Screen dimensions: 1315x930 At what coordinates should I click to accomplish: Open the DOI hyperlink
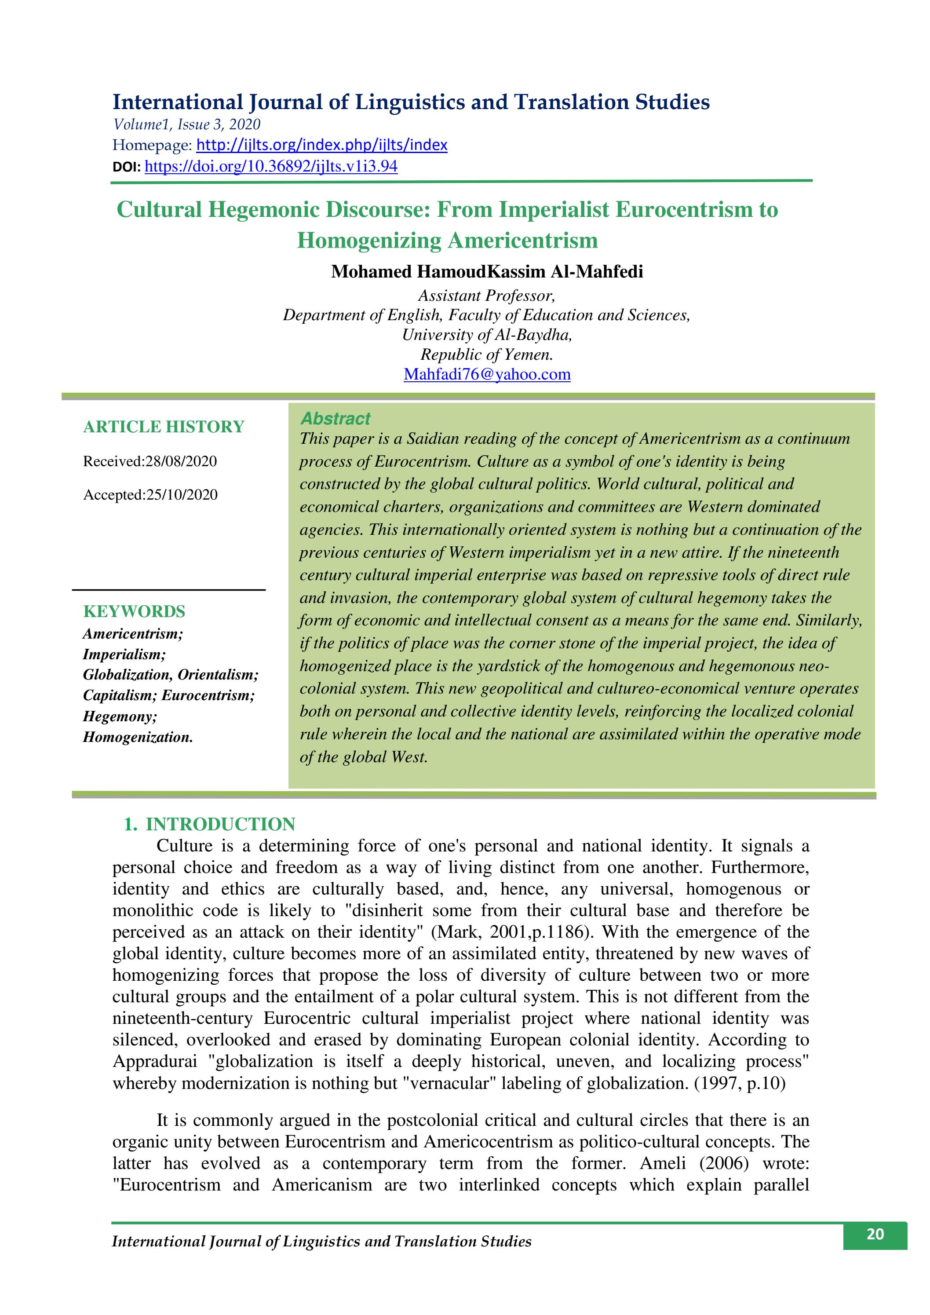coord(271,167)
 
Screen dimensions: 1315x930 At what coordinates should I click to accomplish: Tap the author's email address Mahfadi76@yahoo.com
coord(487,375)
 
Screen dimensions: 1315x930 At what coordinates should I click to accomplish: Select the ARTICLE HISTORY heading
coord(164,427)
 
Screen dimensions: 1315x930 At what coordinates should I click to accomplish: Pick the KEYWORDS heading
coord(134,612)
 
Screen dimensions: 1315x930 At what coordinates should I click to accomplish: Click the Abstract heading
coord(336,419)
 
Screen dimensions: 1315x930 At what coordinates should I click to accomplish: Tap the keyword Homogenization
coord(138,737)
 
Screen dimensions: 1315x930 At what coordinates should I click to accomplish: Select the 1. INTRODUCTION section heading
coord(210,824)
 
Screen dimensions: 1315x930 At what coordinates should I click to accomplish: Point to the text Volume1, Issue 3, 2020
coord(187,124)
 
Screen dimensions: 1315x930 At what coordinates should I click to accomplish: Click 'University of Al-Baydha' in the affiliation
coord(487,335)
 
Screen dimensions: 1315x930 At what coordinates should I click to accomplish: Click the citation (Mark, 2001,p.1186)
coord(510,932)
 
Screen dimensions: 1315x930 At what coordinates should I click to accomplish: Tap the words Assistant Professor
coord(487,296)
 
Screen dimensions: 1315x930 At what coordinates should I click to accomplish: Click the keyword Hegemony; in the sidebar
coord(120,716)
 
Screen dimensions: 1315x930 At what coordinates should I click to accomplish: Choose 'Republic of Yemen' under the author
coord(487,354)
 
